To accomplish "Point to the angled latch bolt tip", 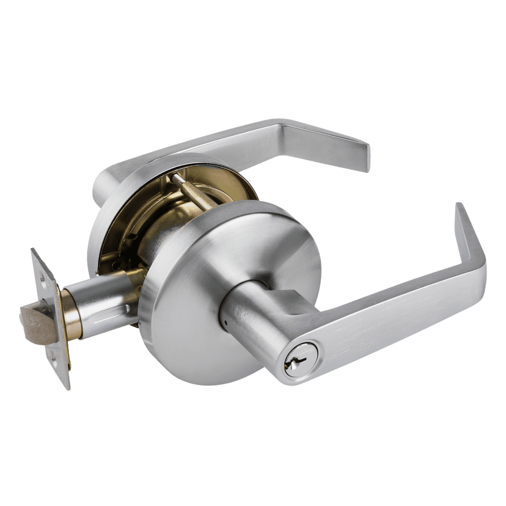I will (26, 317).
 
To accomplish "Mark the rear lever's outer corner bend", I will (282, 123).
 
